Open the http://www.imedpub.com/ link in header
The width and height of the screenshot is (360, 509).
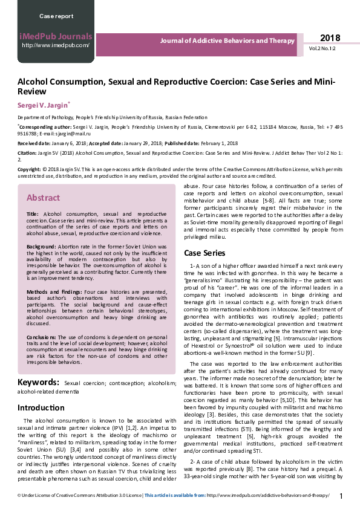tap(56, 45)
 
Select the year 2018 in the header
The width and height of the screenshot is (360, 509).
tap(330, 37)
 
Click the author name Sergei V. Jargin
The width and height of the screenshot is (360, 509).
tap(42, 105)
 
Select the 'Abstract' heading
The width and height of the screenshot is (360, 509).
tap(43, 198)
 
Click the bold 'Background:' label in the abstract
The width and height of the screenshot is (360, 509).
tap(41, 248)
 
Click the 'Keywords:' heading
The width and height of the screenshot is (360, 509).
tap(38, 383)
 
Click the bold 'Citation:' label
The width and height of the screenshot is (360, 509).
tap(27, 154)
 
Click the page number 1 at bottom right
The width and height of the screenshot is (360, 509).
tap(341, 496)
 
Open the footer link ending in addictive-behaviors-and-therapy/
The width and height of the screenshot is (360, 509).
tap(269, 496)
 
